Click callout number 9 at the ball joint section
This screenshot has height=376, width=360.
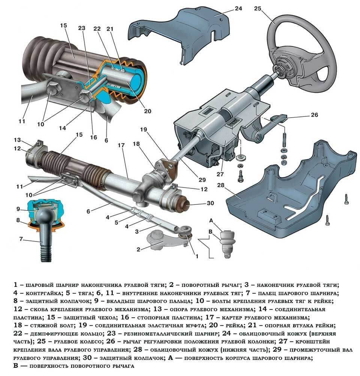pos(18,209)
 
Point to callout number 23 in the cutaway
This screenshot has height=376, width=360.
pos(82,28)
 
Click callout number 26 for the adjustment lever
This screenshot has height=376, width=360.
pos(314,115)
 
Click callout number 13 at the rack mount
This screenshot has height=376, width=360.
pos(16,140)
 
